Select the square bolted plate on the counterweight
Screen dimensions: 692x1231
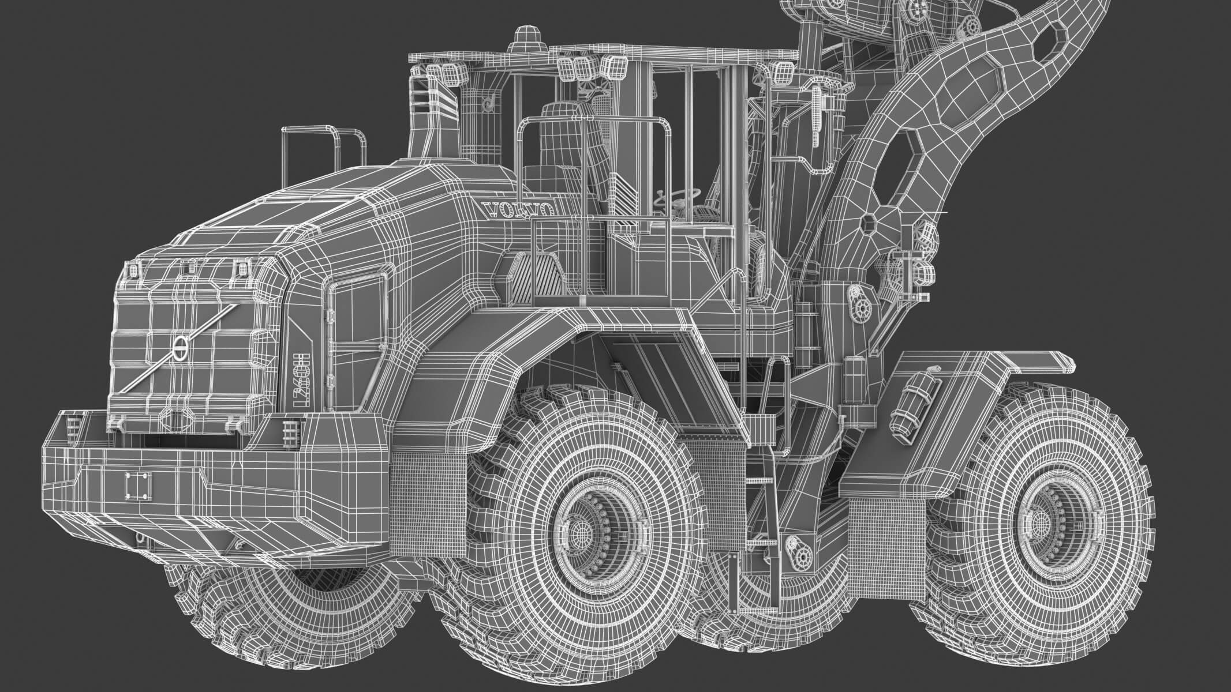click(x=139, y=488)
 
